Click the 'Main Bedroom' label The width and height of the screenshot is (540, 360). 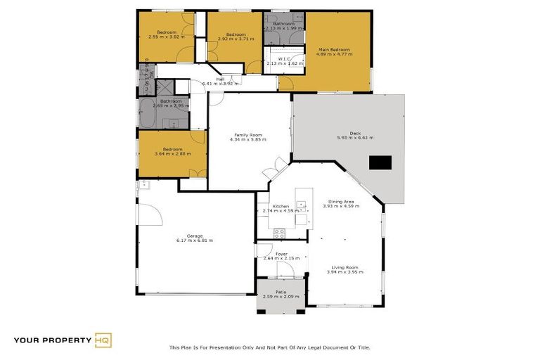click(x=334, y=50)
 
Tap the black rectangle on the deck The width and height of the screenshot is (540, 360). click(x=380, y=163)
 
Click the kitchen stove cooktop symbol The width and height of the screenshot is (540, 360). click(x=278, y=233)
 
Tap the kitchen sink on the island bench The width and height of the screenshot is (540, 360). click(x=301, y=206)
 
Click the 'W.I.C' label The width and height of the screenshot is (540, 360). click(x=285, y=58)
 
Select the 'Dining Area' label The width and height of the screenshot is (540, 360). click(x=341, y=200)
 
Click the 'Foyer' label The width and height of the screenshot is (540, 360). click(x=281, y=253)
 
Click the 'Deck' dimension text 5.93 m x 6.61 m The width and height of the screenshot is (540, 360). click(x=355, y=138)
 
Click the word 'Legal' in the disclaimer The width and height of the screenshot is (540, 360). click(x=313, y=347)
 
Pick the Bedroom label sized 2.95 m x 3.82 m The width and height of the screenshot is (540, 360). click(x=166, y=32)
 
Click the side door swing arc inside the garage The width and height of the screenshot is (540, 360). click(x=149, y=210)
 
